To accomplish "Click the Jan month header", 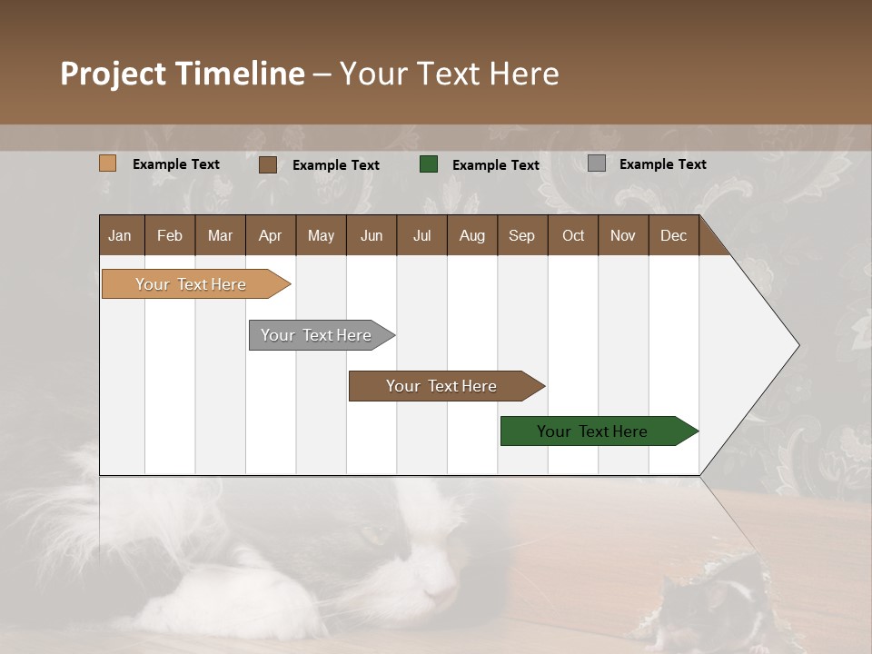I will point(121,235).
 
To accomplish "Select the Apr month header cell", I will point(271,235).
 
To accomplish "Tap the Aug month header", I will point(472,235).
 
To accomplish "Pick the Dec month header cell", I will point(673,235).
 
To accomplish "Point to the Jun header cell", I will point(372,235).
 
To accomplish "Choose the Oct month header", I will point(573,235).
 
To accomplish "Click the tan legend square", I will point(107,163).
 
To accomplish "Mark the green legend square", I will point(429,164).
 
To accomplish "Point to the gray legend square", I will point(597,163).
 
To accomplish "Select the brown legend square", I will point(268,164).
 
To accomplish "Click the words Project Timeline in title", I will point(182,74).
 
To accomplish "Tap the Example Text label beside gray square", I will point(662,164).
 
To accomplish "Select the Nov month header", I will point(623,235).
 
